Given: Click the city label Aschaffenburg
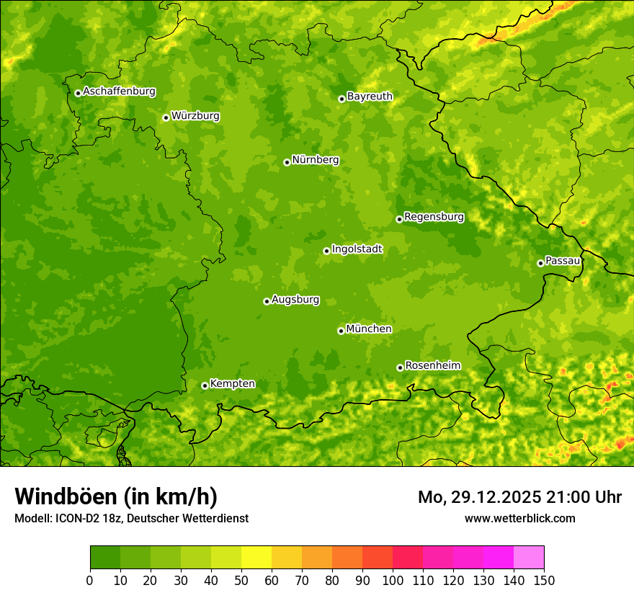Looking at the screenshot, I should pyautogui.click(x=119, y=92).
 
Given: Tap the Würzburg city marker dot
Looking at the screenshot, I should pyautogui.click(x=166, y=117).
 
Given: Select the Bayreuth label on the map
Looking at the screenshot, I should pyautogui.click(x=370, y=97).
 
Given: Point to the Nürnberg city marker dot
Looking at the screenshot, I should pyautogui.click(x=287, y=162).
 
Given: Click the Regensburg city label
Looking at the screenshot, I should pyautogui.click(x=434, y=217).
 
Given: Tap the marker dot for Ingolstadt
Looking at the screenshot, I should pyautogui.click(x=326, y=251).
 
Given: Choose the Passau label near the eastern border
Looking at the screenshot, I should pyautogui.click(x=563, y=261).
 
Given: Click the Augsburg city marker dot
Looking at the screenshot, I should pyautogui.click(x=267, y=301).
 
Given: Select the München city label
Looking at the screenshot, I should pyautogui.click(x=369, y=329).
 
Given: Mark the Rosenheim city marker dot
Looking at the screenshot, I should pyautogui.click(x=400, y=367).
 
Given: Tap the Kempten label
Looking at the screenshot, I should pyautogui.click(x=232, y=384).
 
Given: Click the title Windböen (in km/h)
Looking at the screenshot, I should pyautogui.click(x=116, y=497).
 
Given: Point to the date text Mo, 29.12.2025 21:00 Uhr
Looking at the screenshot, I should pyautogui.click(x=519, y=497).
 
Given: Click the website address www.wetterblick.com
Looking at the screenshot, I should pyautogui.click(x=519, y=518).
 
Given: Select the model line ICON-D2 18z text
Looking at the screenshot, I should pyautogui.click(x=131, y=518).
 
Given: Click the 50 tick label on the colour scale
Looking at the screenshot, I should pyautogui.click(x=241, y=580).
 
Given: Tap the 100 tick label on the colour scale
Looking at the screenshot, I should pyautogui.click(x=393, y=580).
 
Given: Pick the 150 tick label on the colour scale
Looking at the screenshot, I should pyautogui.click(x=544, y=580).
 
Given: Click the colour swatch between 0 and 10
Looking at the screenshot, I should pyautogui.click(x=105, y=557).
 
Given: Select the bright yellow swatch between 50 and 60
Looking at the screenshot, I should pyautogui.click(x=256, y=557).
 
